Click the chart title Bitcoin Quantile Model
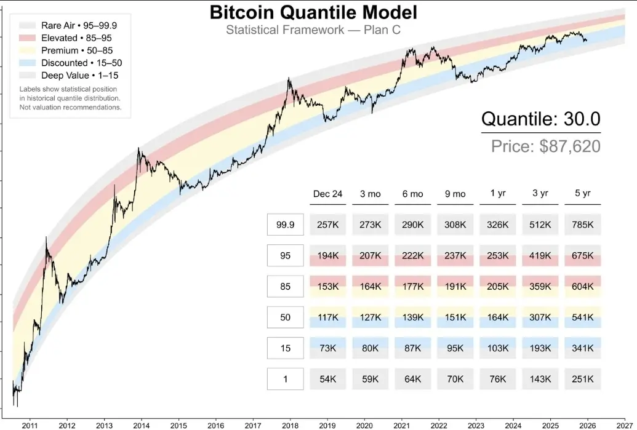[313, 12]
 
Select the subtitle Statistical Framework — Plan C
[313, 30]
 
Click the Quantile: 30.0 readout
[540, 119]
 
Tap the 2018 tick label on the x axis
[290, 424]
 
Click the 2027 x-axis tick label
[624, 424]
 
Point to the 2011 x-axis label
[30, 424]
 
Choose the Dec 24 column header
[327, 194]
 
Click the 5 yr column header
[582, 194]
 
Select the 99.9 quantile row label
[285, 225]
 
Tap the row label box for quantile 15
[285, 348]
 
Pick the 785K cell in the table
[582, 225]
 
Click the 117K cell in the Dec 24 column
[327, 317]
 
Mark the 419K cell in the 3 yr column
[540, 256]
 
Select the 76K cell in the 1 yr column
[497, 379]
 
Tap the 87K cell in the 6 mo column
[412, 348]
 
